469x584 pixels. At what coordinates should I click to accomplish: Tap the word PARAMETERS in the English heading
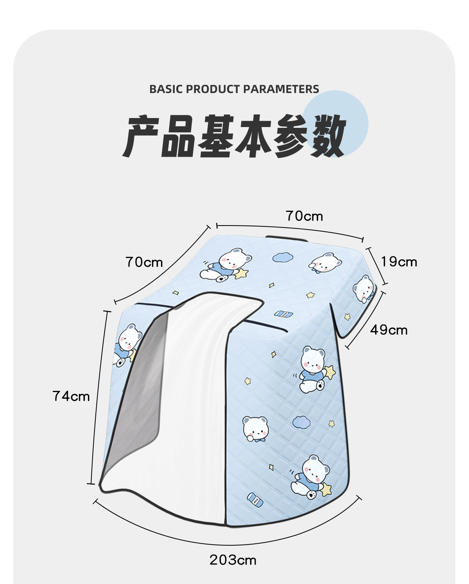[281, 89]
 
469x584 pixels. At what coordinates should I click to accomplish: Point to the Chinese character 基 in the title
[216, 136]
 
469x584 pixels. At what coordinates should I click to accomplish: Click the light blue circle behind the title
[335, 124]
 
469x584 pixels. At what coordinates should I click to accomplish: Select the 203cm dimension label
[233, 560]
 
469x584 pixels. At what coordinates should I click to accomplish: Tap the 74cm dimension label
[71, 396]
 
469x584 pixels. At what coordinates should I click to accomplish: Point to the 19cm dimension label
[399, 262]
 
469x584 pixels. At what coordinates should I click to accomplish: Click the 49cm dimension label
[389, 330]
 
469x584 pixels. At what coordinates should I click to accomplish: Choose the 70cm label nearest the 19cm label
[304, 216]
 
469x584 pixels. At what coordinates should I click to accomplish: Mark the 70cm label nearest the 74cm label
[144, 262]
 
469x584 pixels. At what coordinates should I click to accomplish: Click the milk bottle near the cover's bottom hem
[255, 500]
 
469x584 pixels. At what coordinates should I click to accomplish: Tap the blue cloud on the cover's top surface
[283, 257]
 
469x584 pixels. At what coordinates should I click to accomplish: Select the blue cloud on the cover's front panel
[302, 423]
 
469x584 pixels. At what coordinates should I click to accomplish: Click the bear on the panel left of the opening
[127, 345]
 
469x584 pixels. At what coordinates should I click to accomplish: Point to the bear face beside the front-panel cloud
[255, 429]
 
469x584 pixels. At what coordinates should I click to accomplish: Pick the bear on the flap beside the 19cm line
[364, 288]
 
